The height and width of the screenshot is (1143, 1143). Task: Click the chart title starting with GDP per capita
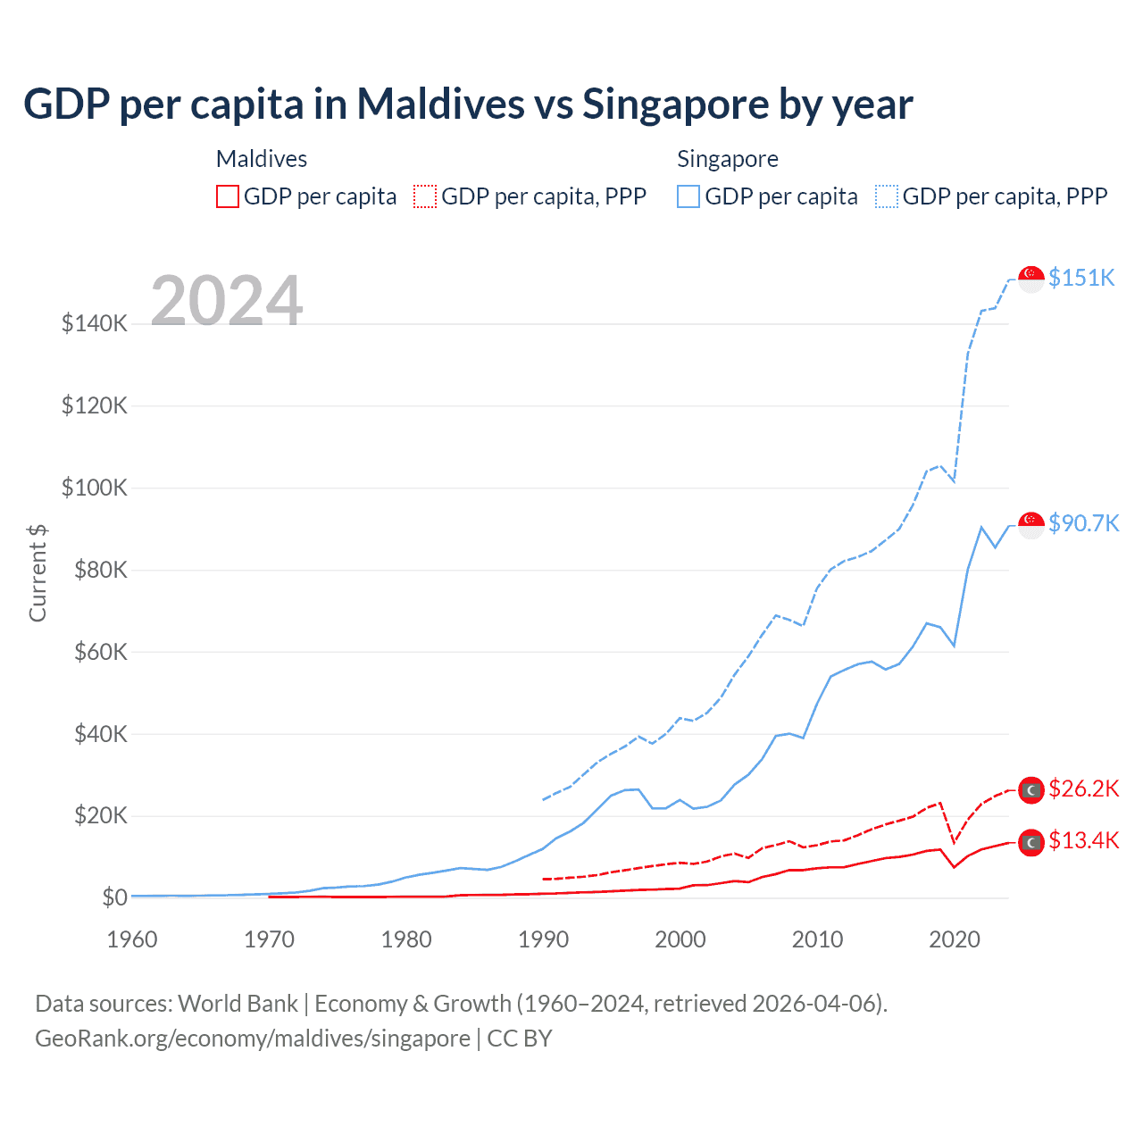[x=468, y=104]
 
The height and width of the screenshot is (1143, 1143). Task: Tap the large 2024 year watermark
[x=227, y=301]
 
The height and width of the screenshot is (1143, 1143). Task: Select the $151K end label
[x=1081, y=278]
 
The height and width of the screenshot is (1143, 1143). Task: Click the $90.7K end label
[x=1083, y=523]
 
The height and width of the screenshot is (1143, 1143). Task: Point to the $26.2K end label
[x=1083, y=788]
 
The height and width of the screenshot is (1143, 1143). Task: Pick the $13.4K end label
[x=1083, y=841]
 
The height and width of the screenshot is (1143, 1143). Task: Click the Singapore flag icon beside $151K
[x=1031, y=279]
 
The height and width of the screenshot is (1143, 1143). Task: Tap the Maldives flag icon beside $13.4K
[x=1031, y=842]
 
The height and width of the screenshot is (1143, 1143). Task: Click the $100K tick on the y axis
[x=95, y=488]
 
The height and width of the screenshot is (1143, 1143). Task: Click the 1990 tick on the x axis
[x=544, y=939]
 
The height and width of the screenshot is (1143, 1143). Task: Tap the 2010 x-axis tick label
[x=818, y=939]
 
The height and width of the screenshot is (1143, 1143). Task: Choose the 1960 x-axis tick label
[x=132, y=939]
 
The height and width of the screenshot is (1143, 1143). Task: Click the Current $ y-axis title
[x=38, y=572]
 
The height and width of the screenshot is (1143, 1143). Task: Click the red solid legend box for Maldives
[x=228, y=196]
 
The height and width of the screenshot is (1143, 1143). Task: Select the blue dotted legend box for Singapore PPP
[x=887, y=196]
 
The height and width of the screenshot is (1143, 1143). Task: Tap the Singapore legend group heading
[x=728, y=159]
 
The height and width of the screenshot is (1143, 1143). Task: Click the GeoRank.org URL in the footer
[x=253, y=1039]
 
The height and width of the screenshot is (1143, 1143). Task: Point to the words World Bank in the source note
[x=238, y=1004]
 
